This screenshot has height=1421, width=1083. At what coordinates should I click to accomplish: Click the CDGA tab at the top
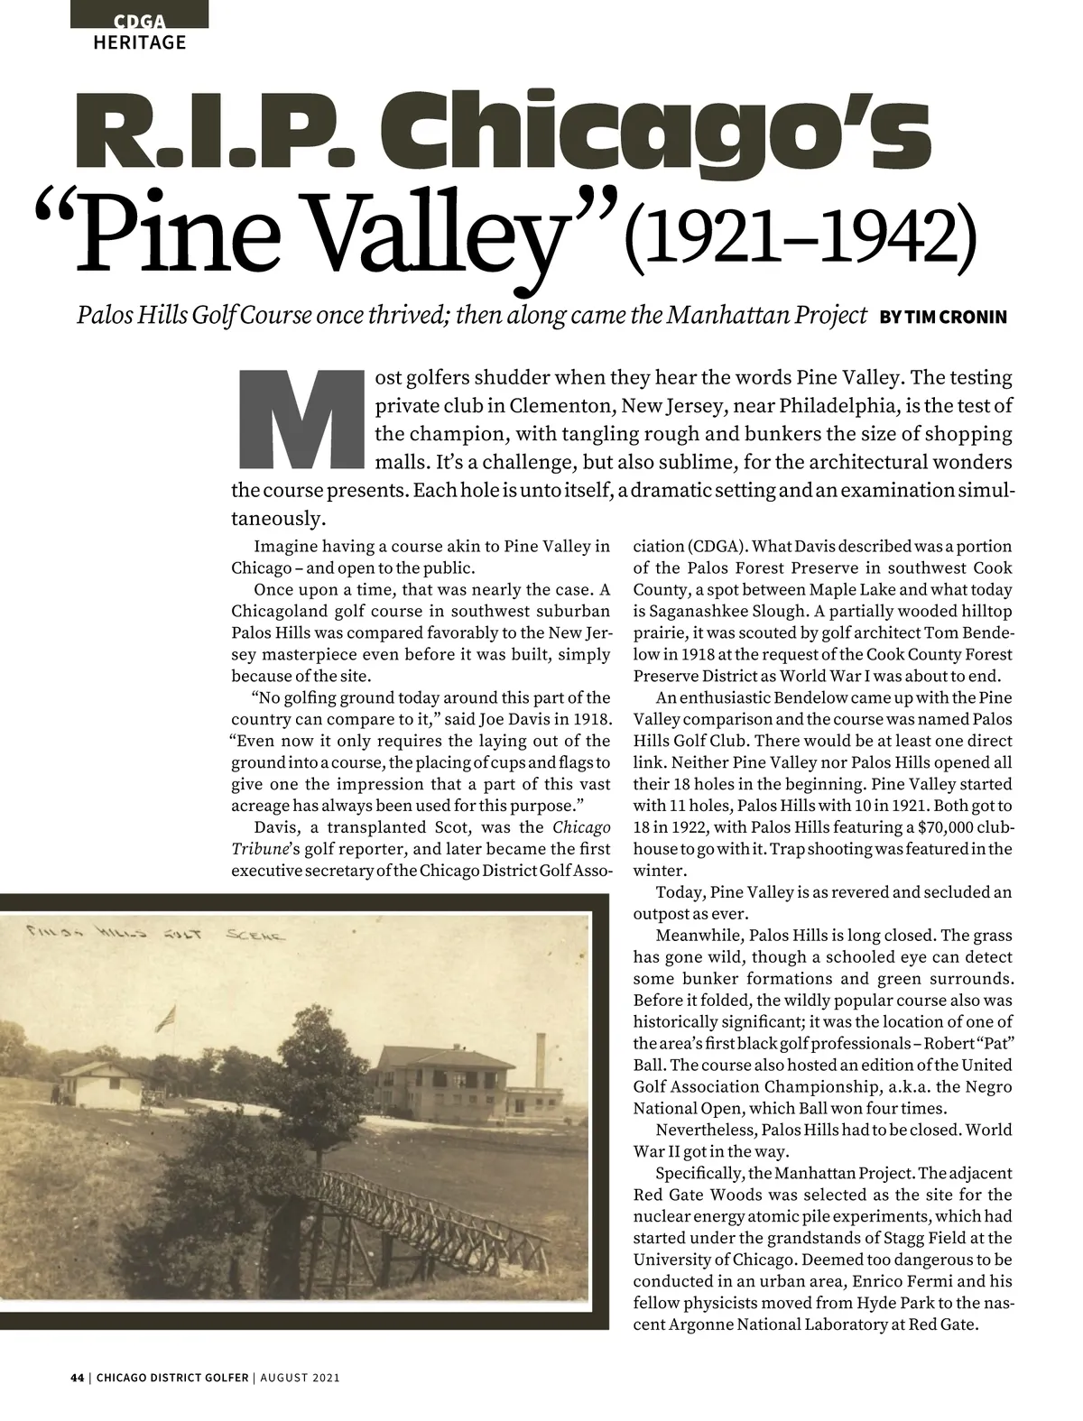(x=139, y=21)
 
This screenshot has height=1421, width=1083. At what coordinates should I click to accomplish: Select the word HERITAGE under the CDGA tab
(x=140, y=42)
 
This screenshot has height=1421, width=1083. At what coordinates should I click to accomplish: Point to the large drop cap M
(x=297, y=420)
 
